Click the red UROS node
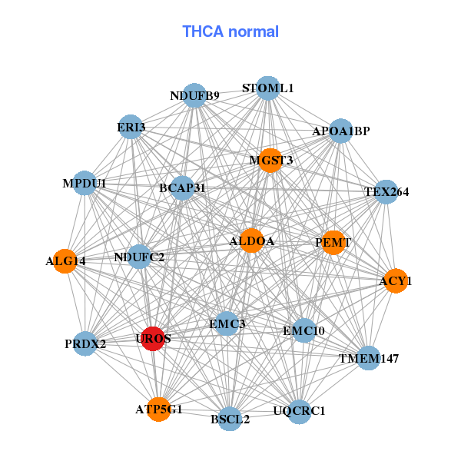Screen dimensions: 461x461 [x=154, y=339]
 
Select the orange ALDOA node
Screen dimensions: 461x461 [x=251, y=241]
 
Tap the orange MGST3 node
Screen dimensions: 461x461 [x=270, y=160]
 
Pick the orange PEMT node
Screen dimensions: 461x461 [x=333, y=242]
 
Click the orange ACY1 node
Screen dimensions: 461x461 [x=395, y=281]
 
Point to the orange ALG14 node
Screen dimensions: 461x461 [x=65, y=261]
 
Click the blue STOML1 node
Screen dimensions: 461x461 [x=267, y=88]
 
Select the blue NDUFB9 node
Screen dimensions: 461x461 [x=195, y=95]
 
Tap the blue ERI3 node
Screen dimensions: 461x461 [x=132, y=127]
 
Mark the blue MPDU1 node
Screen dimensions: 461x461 [x=85, y=184]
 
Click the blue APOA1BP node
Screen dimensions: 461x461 [x=340, y=131]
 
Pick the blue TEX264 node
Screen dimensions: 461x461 [x=386, y=191]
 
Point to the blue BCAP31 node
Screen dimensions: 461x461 [x=182, y=187]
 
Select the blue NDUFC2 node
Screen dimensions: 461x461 [x=139, y=257]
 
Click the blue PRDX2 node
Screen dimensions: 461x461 [x=85, y=343]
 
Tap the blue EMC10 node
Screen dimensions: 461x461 [x=304, y=331]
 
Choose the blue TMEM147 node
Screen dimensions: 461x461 [x=369, y=358]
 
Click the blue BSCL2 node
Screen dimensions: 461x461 [x=230, y=419]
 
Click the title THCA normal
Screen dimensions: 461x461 [x=230, y=32]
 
